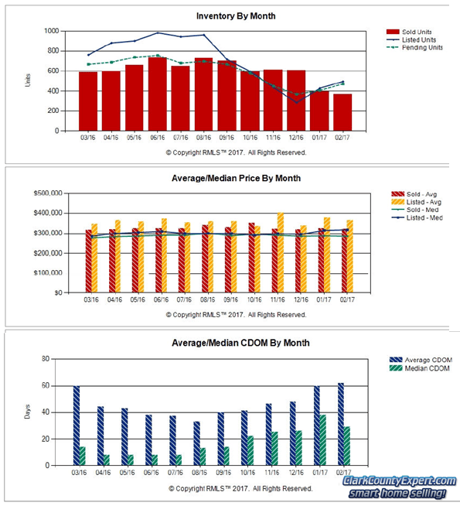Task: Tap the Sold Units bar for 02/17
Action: [342, 112]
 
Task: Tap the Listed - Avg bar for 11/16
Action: [281, 253]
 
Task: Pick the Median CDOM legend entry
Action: [421, 368]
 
